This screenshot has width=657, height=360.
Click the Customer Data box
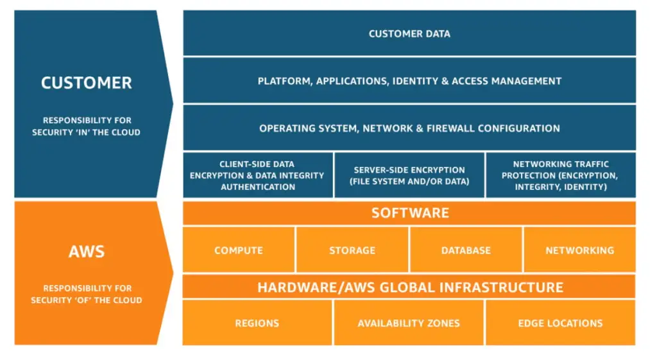point(409,33)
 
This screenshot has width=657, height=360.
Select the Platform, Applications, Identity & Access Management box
point(409,81)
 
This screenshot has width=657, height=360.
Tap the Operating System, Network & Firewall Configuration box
point(409,128)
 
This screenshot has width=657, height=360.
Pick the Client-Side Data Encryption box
point(257,175)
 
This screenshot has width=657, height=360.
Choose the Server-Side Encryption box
point(409,175)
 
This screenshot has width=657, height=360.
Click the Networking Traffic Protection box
point(561,175)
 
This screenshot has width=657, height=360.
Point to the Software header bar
point(409,213)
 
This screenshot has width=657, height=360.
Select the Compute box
point(239,250)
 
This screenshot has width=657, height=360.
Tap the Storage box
point(352,250)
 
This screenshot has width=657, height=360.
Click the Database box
point(466,250)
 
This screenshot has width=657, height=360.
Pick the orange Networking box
point(579,250)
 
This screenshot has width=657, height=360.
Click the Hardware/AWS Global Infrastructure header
point(409,287)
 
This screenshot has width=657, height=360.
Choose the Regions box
point(257,323)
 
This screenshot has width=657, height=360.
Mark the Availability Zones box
point(409,323)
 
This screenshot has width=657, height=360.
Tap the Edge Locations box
point(560,323)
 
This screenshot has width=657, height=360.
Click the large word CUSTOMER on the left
point(86,83)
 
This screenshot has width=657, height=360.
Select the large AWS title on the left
point(86,251)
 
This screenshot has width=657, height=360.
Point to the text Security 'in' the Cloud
point(86,132)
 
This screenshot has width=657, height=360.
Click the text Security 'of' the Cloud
point(86,300)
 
